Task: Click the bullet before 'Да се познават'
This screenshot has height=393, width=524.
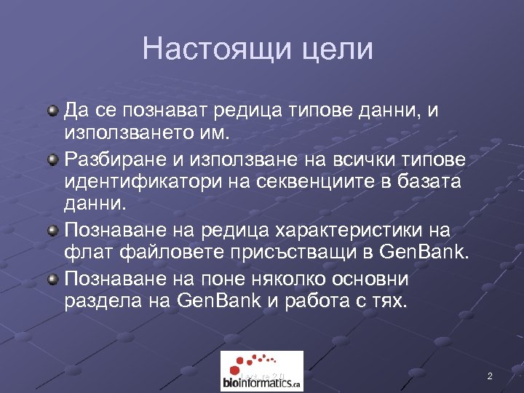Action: point(53,111)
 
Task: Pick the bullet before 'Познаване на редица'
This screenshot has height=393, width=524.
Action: point(53,231)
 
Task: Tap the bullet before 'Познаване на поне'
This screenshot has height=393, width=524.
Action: point(53,279)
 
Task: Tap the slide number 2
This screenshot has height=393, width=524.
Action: point(490,376)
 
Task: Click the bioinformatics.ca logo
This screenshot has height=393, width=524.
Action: point(261,371)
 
